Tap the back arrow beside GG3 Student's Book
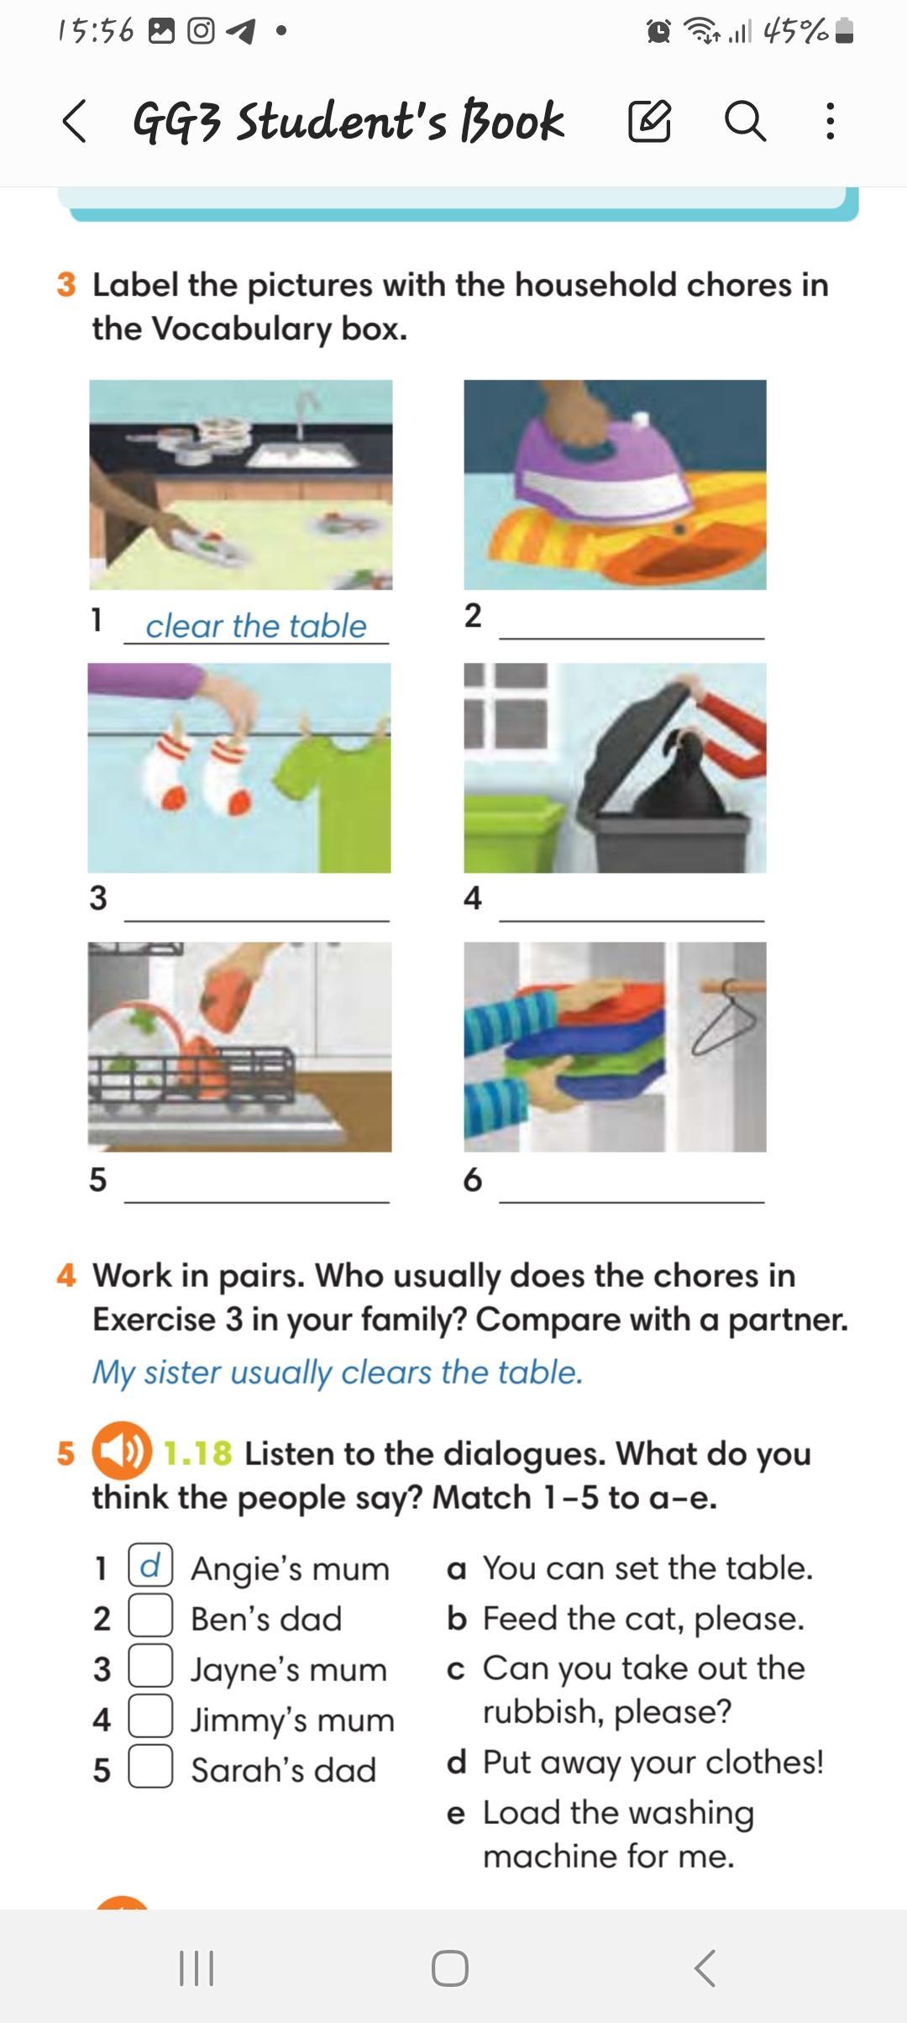pyautogui.click(x=74, y=121)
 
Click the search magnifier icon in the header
pyautogui.click(x=745, y=121)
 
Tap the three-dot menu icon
pyautogui.click(x=831, y=121)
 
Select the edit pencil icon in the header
pyautogui.click(x=650, y=121)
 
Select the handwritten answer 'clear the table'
pyautogui.click(x=256, y=626)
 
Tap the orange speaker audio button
pyautogui.click(x=122, y=1451)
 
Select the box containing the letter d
pyautogui.click(x=150, y=1566)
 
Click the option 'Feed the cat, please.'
pyautogui.click(x=643, y=1619)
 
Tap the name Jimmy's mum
pyautogui.click(x=292, y=1720)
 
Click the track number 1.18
pyautogui.click(x=197, y=1453)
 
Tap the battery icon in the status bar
pyautogui.click(x=845, y=31)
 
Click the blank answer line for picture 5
pyautogui.click(x=256, y=1202)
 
